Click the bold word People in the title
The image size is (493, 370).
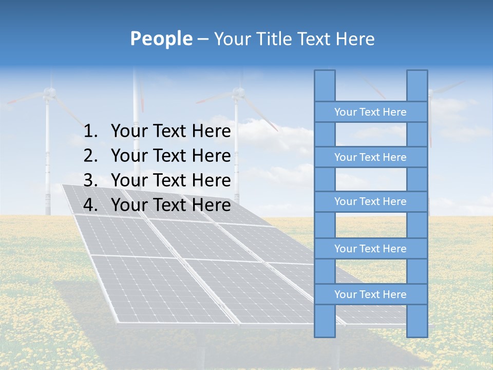pos(161,39)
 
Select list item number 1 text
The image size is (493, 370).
pos(170,132)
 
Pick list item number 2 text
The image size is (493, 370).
pos(170,156)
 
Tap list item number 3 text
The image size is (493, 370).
pos(170,180)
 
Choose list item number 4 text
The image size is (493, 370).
pos(170,205)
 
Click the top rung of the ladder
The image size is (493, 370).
pos(370,112)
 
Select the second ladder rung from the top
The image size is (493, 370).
pos(370,157)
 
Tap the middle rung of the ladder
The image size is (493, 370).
pos(370,201)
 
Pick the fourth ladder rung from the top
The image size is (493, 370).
pos(370,249)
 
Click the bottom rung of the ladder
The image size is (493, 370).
pos(370,294)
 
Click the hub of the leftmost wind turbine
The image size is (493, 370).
pos(49,92)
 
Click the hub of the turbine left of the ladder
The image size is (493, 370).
pos(237,93)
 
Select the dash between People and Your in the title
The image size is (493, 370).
pos(202,39)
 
